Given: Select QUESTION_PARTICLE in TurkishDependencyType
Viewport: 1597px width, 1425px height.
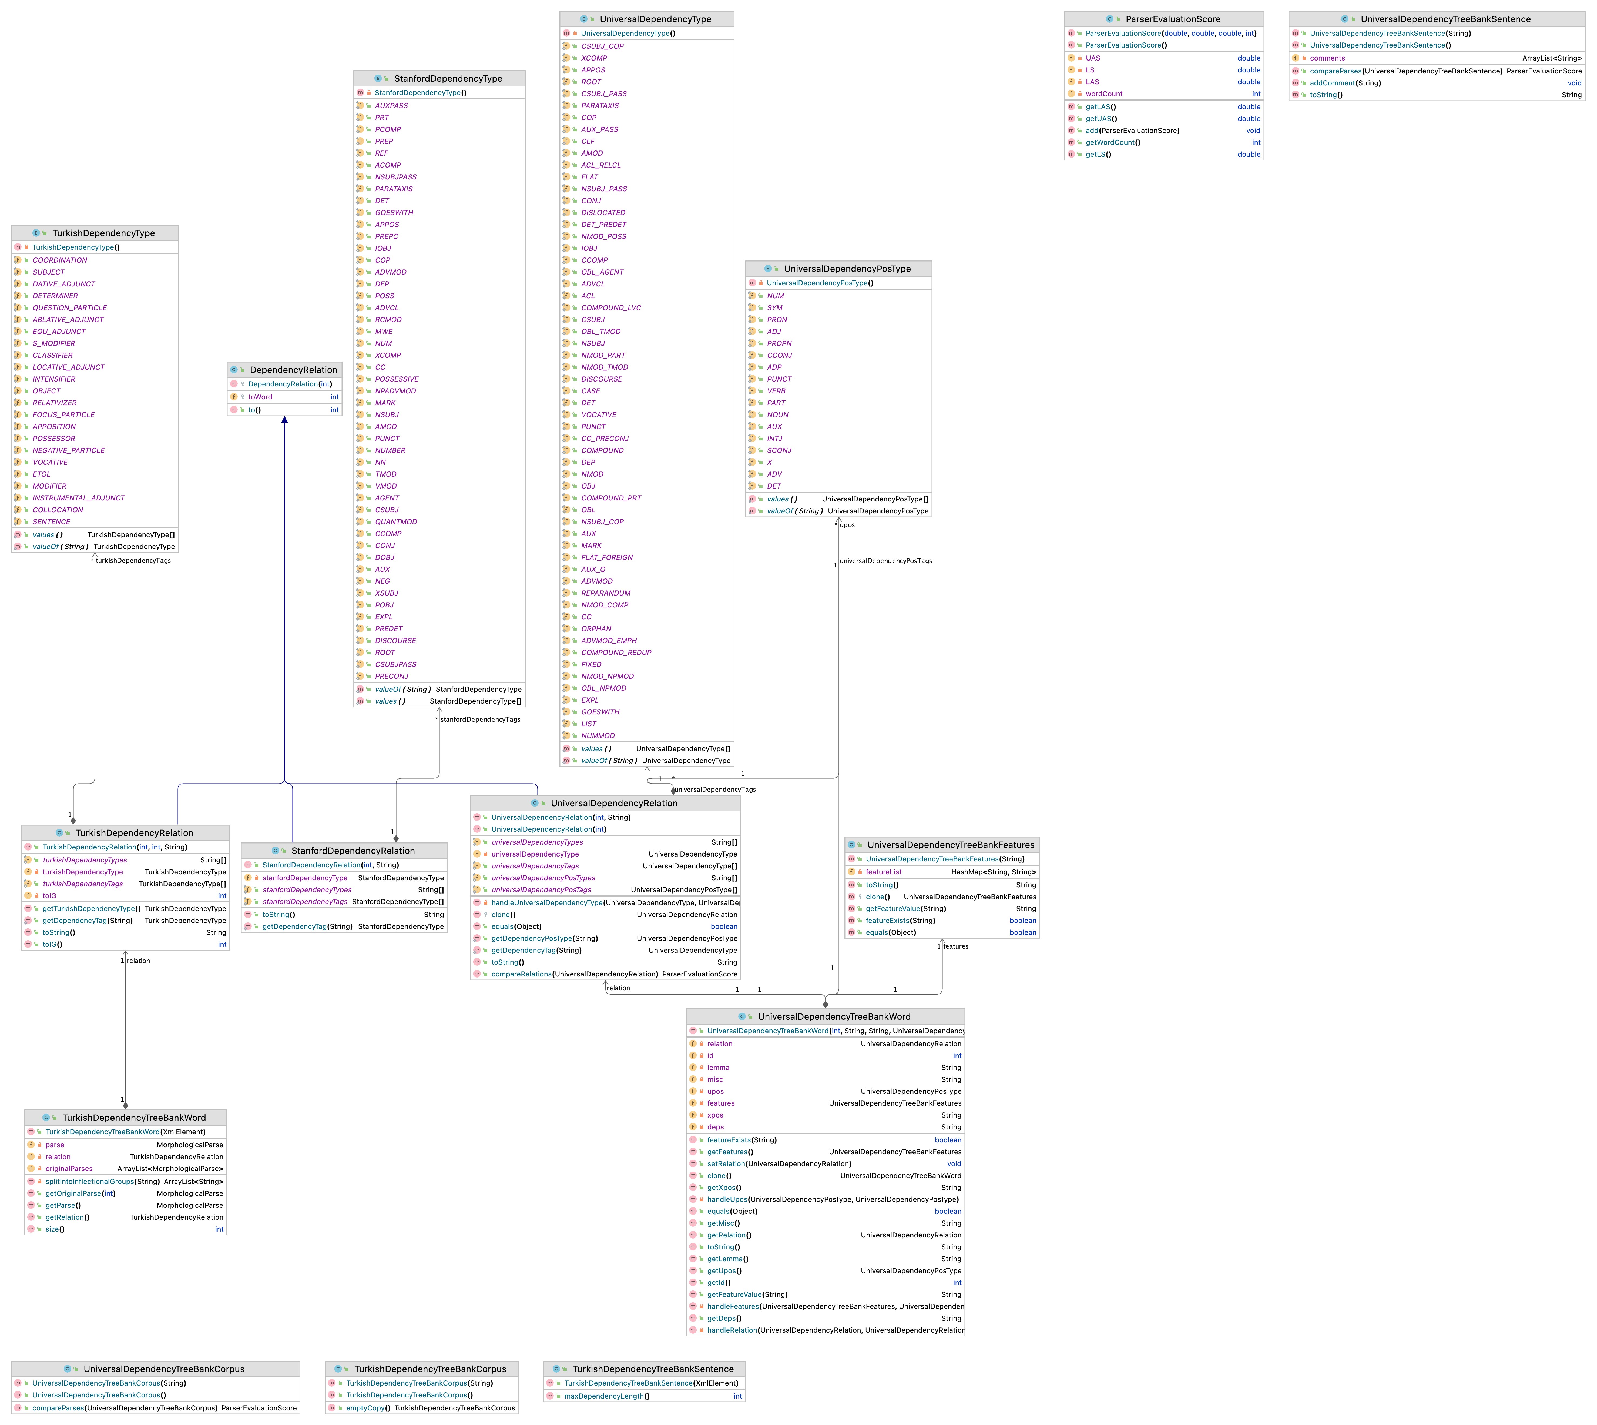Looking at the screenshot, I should [70, 308].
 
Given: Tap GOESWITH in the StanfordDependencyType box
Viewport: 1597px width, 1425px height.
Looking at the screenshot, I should [394, 213].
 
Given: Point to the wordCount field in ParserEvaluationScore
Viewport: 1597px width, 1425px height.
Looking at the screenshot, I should [1104, 94].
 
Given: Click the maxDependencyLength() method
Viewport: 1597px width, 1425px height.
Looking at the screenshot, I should [607, 1396].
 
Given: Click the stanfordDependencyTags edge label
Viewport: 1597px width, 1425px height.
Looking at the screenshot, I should [480, 720].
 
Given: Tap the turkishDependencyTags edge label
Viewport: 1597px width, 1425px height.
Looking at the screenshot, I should [133, 561].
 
